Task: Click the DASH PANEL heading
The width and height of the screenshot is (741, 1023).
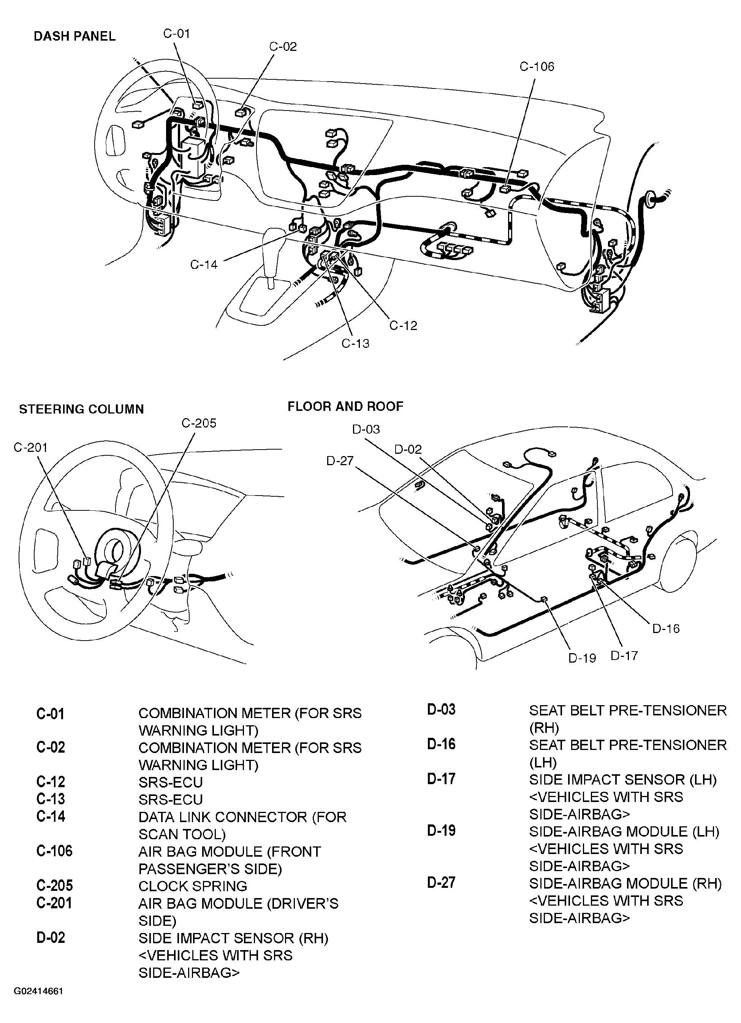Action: (74, 36)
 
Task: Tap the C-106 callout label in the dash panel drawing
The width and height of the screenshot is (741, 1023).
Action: (537, 67)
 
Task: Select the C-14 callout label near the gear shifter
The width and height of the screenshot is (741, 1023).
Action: (204, 265)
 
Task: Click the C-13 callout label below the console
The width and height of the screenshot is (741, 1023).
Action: (355, 344)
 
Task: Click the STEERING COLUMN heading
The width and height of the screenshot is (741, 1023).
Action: (81, 409)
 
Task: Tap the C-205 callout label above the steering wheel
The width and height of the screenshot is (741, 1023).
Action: (199, 423)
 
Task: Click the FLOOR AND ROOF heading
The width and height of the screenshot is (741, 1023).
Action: (345, 406)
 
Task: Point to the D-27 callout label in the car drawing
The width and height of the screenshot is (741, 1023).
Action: (340, 461)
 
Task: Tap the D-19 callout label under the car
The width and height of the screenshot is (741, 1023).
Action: (582, 658)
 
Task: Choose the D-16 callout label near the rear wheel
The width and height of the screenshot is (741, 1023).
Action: (666, 628)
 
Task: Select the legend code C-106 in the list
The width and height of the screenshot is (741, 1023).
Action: (54, 851)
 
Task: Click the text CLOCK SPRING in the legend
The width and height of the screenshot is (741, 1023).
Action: (193, 886)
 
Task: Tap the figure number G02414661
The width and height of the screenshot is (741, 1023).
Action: (38, 1004)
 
